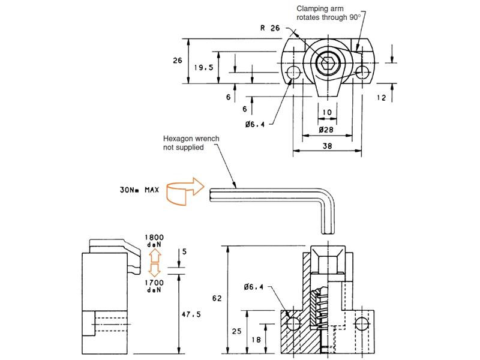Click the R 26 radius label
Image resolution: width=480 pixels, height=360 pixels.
click(x=270, y=28)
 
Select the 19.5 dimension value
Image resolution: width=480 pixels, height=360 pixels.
click(x=203, y=67)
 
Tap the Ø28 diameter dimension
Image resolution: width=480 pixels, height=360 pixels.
click(x=326, y=130)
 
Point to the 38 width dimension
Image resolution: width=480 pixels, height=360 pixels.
click(x=327, y=146)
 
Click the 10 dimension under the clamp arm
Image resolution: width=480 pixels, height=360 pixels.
click(x=327, y=112)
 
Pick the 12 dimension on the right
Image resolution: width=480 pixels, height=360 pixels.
click(x=382, y=98)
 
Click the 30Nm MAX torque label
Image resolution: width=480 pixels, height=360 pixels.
click(x=140, y=190)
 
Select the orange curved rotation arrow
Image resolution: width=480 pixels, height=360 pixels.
click(x=185, y=191)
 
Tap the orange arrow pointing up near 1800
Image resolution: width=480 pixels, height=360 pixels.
click(x=155, y=255)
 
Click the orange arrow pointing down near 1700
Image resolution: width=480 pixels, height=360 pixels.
click(x=155, y=270)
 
